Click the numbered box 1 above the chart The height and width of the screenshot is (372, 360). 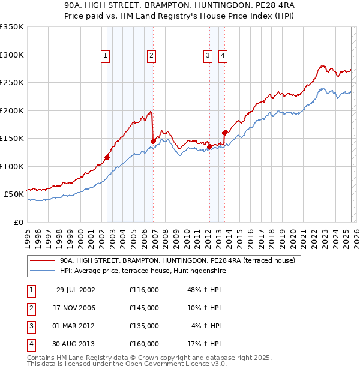105,56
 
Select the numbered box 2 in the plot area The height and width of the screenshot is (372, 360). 151,56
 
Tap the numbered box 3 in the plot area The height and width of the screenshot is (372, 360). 208,56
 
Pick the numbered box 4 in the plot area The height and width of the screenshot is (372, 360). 223,56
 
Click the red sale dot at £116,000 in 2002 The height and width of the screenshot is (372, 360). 107,157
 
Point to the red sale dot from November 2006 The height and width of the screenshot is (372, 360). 153,141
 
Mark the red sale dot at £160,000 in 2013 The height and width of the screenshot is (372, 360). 224,133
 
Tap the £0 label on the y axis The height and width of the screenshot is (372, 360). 18,222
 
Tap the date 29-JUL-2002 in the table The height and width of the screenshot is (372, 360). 75,290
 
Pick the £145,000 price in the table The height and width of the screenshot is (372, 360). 144,308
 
